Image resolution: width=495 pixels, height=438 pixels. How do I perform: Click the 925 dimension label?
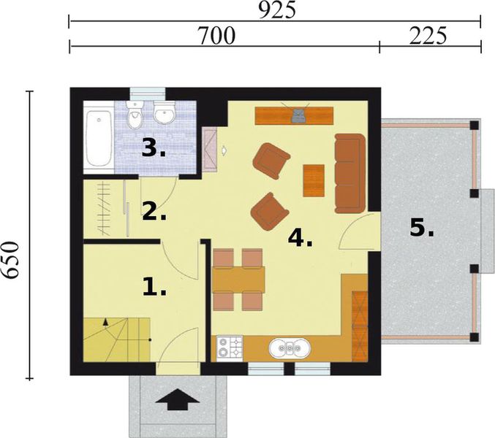(x=275, y=10)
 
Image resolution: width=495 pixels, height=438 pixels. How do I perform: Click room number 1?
(x=154, y=288)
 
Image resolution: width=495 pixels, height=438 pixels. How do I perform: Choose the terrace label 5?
(x=421, y=228)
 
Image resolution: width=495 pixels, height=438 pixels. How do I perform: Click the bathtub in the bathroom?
(x=98, y=138)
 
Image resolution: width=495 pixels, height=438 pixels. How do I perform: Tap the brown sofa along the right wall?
(x=349, y=172)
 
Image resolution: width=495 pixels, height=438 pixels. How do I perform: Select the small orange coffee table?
(x=313, y=180)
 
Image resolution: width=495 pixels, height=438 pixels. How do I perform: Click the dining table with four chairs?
(x=238, y=280)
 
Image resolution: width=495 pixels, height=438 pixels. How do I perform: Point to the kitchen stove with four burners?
(x=228, y=347)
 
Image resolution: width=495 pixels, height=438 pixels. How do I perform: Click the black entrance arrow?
(x=178, y=399)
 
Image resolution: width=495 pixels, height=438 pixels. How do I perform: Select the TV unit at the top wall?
(x=295, y=115)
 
